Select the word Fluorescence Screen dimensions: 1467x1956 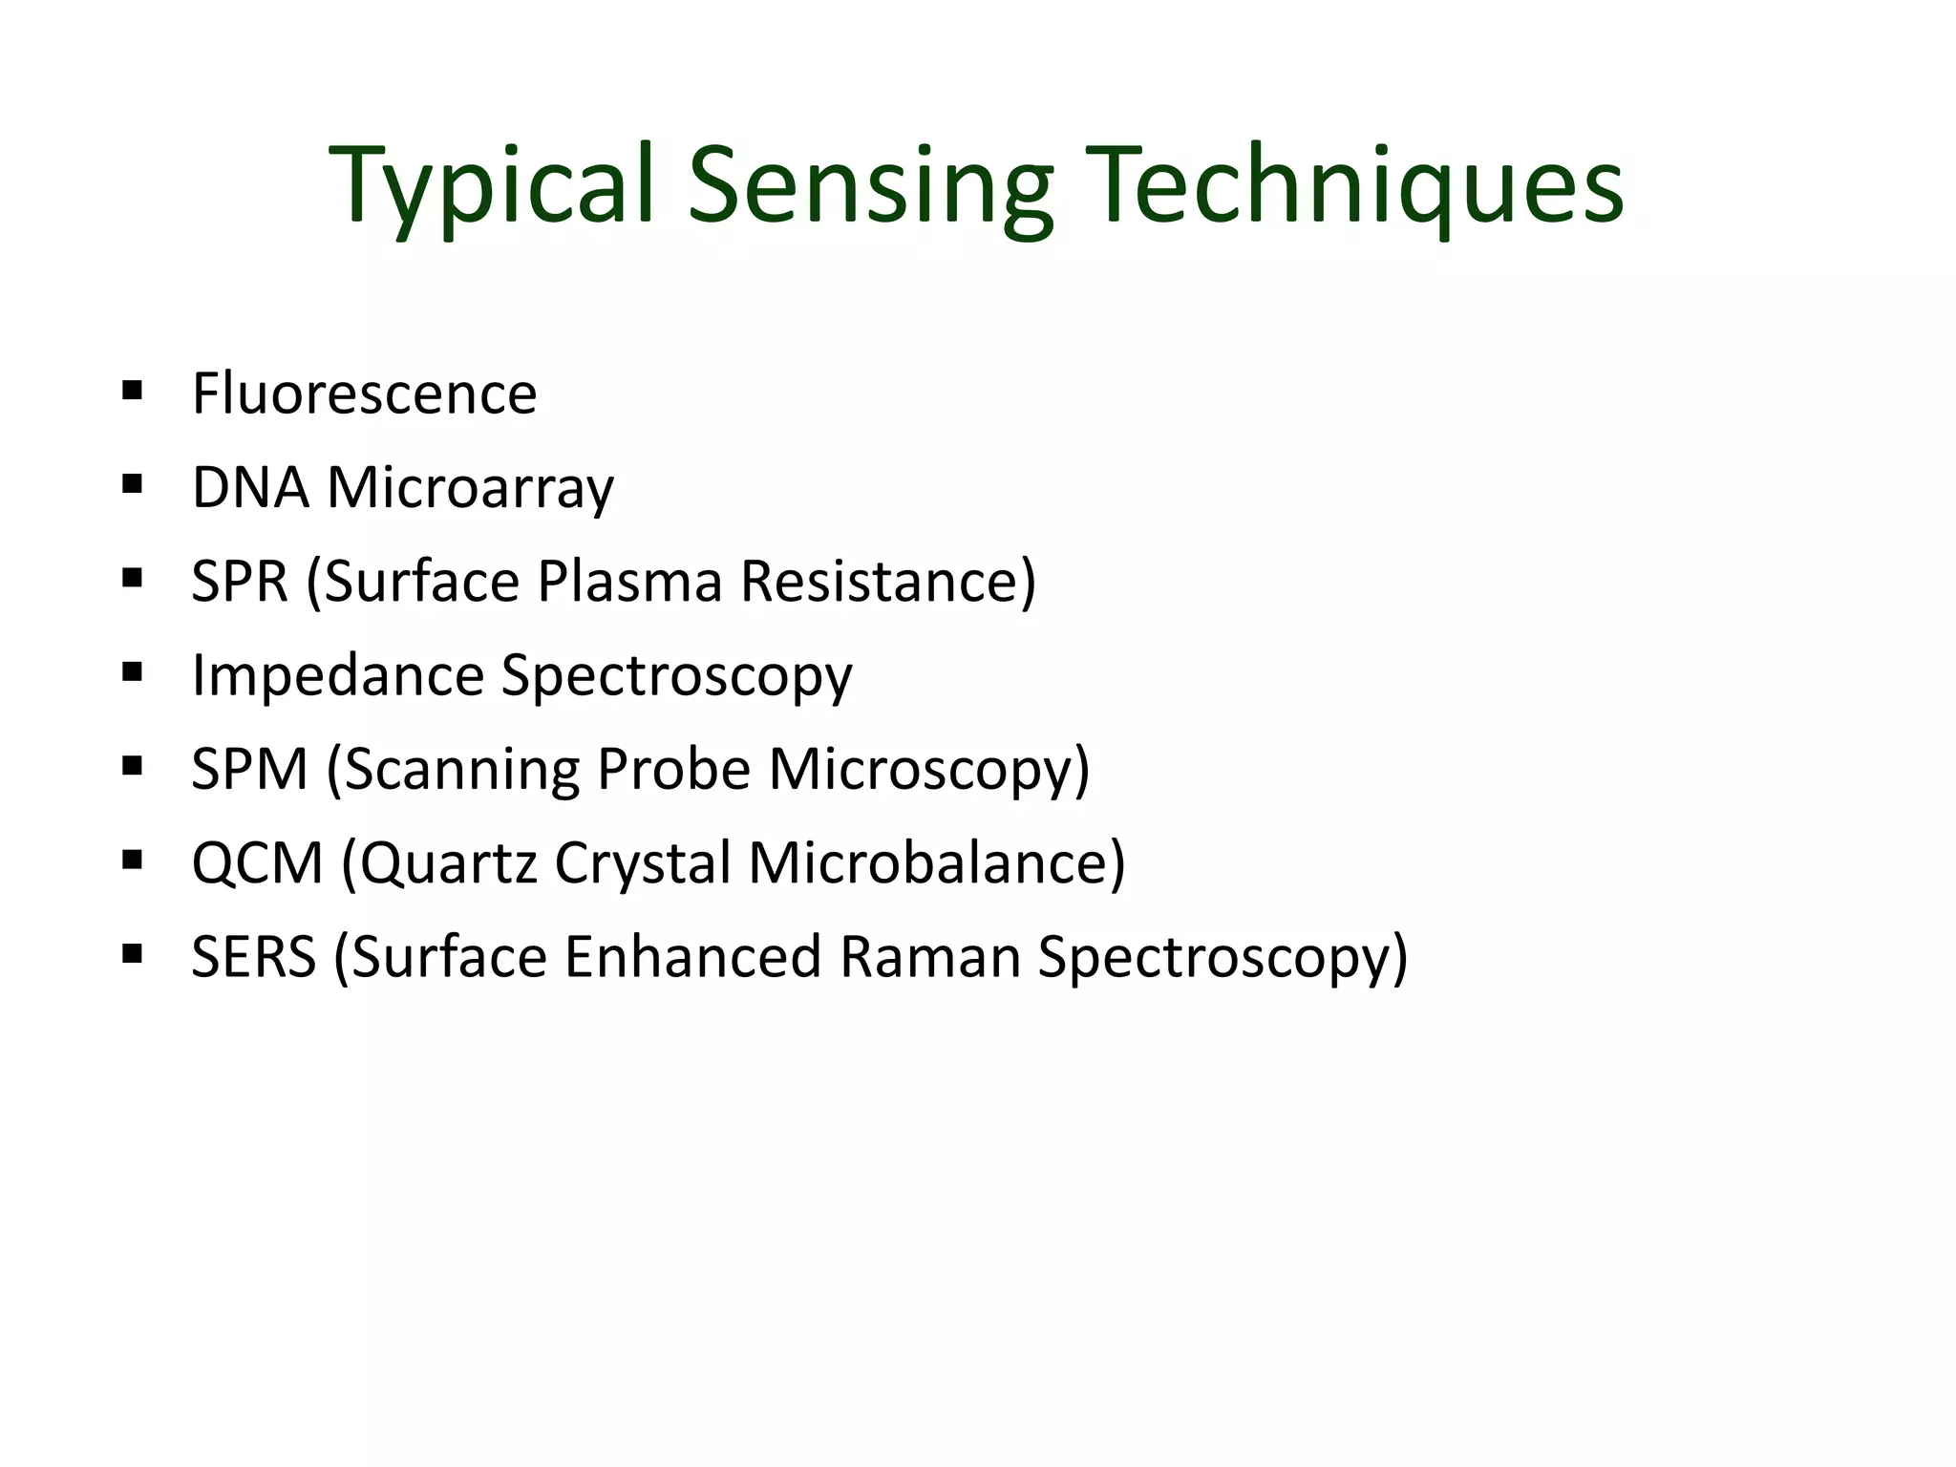pyautogui.click(x=364, y=393)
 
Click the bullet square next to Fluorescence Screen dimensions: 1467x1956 pyautogui.click(x=133, y=390)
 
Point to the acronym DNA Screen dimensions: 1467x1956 pyautogui.click(x=250, y=487)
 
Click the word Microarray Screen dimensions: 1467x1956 pyautogui.click(x=470, y=489)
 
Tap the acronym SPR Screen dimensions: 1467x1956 pyautogui.click(x=240, y=581)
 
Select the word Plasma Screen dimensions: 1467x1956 pyautogui.click(x=629, y=581)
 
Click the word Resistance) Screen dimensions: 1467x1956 pyautogui.click(x=888, y=581)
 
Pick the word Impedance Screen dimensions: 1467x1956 pyautogui.click(x=338, y=676)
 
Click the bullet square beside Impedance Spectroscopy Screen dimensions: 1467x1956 pyautogui.click(x=133, y=671)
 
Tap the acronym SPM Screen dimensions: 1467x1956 pyautogui.click(x=250, y=769)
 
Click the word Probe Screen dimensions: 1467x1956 pyautogui.click(x=673, y=769)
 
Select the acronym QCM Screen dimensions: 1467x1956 pyautogui.click(x=258, y=863)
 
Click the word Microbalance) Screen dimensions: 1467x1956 pyautogui.click(x=937, y=863)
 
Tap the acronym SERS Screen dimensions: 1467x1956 pyautogui.click(x=253, y=956)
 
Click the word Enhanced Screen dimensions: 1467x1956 pyautogui.click(x=692, y=956)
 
